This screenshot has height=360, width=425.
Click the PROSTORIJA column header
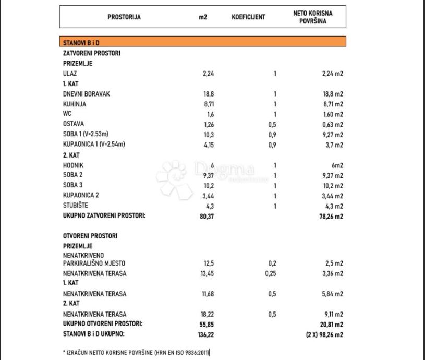click(124, 17)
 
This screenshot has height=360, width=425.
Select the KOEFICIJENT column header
click(248, 17)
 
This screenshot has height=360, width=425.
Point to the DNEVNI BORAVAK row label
click(86, 94)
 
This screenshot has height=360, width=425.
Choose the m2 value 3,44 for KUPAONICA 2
click(208, 196)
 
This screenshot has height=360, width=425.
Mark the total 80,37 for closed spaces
click(208, 216)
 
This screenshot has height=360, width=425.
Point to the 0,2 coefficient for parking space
click(272, 263)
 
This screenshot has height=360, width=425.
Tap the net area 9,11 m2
click(332, 315)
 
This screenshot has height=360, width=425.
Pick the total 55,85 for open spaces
click(208, 325)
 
